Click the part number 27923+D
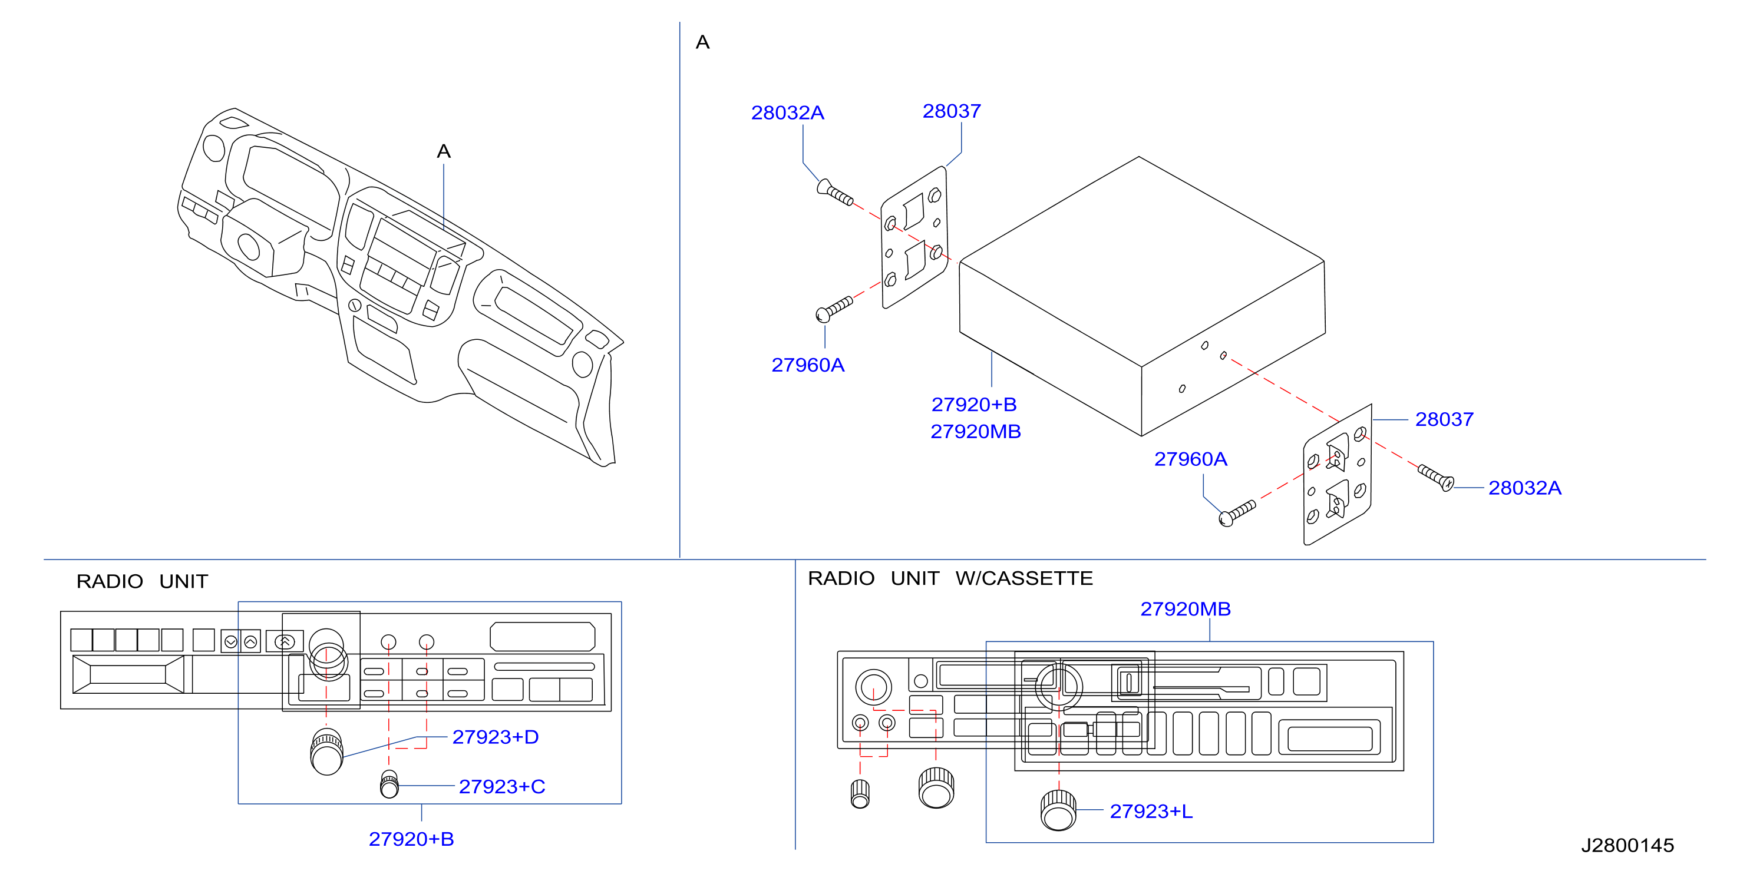tap(496, 737)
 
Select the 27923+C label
tap(502, 786)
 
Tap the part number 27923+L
tap(1151, 811)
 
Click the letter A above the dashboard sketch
tap(444, 151)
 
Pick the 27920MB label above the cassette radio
tap(1186, 608)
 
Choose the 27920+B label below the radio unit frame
tap(411, 839)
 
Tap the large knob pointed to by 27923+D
tap(327, 751)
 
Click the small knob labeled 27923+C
tap(389, 784)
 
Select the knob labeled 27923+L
tap(1058, 810)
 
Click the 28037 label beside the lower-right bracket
tap(1444, 419)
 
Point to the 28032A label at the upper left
tap(787, 112)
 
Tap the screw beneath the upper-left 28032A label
tap(835, 192)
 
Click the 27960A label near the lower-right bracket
tap(1191, 459)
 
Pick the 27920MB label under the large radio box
tap(976, 431)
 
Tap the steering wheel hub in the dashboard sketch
tap(249, 247)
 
